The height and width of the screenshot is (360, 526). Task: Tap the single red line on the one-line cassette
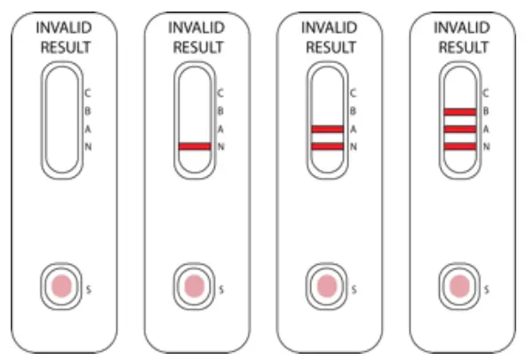point(194,146)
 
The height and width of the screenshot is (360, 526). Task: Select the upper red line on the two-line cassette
point(326,130)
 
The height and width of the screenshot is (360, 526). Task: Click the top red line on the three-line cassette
point(458,111)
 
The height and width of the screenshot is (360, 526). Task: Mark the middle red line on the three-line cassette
point(458,130)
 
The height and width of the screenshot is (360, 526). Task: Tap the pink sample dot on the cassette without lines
point(61,286)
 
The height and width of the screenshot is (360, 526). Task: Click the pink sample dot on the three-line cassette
point(459,286)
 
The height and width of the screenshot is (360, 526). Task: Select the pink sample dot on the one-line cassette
point(194,286)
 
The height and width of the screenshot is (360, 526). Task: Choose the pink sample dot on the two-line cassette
point(326,286)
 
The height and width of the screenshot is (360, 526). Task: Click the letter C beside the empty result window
point(87,92)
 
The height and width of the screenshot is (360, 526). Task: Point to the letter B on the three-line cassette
point(485,111)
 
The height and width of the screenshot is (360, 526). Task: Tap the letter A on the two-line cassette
point(353,130)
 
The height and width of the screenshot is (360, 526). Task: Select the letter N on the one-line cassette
point(220,147)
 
